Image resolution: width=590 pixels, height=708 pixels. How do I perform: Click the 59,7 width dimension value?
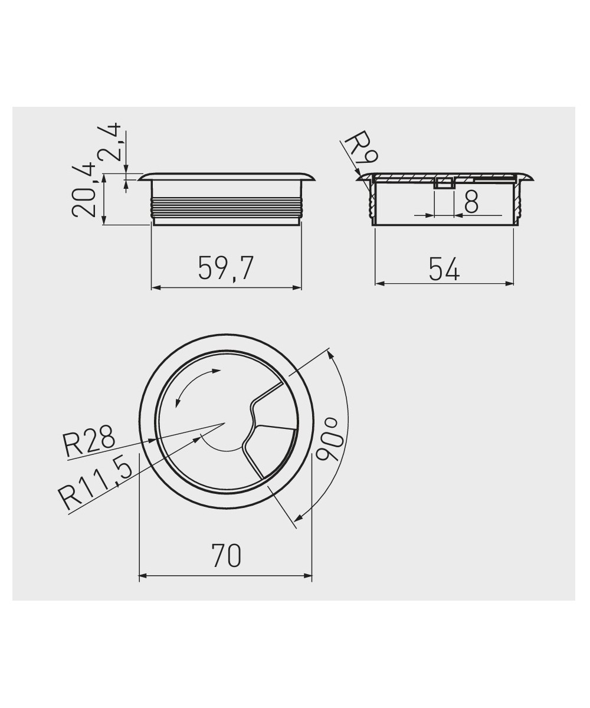pyautogui.click(x=226, y=269)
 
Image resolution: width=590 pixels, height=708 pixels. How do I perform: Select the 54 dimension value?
pyautogui.click(x=444, y=269)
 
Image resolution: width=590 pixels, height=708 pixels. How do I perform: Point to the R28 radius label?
pyautogui.click(x=90, y=441)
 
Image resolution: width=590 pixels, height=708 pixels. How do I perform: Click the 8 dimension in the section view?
pyautogui.click(x=471, y=201)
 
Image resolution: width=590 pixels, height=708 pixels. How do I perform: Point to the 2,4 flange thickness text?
pyautogui.click(x=108, y=142)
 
